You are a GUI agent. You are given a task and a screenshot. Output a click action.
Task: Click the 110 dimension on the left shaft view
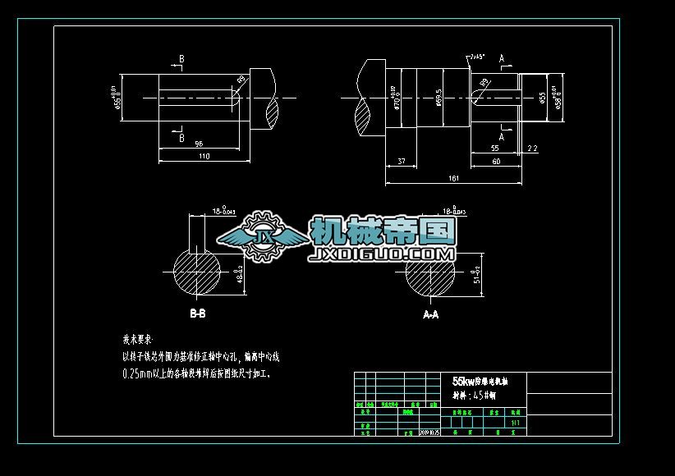pos(204,155)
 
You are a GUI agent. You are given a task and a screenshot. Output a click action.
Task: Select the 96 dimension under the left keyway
pos(199,144)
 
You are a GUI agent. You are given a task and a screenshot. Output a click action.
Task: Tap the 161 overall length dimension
pos(452,176)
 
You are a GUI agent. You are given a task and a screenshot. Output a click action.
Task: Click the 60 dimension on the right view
pos(496,162)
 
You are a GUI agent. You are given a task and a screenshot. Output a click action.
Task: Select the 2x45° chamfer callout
pos(476,57)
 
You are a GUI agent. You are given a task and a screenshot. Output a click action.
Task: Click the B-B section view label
pos(198,314)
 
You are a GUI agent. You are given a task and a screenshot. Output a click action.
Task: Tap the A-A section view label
pos(430,314)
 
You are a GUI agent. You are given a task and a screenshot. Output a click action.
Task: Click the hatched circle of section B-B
pos(197,275)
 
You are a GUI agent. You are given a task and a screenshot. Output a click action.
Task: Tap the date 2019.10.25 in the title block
pos(429,432)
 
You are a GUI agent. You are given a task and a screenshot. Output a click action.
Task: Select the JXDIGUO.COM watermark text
pos(382,256)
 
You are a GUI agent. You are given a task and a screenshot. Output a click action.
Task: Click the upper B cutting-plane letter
pos(181,59)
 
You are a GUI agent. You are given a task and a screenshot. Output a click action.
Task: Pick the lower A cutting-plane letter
pos(502,137)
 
